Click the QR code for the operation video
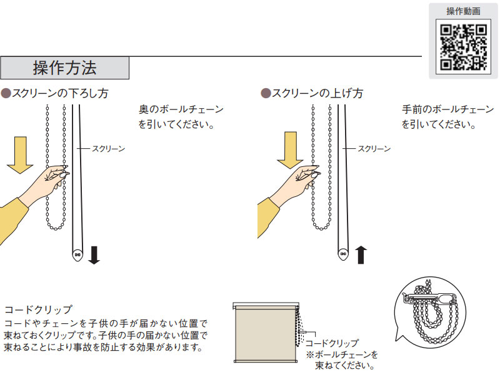[464, 46]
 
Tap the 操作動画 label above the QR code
[464, 12]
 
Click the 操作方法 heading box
[64, 68]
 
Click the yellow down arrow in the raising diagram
[291, 150]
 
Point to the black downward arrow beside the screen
[94, 255]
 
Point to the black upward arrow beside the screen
[361, 255]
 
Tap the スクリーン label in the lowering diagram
[108, 149]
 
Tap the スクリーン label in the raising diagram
[374, 149]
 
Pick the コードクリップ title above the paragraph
[38, 309]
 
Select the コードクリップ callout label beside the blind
[332, 343]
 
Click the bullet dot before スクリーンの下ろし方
[6, 93]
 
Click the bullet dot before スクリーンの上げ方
[265, 93]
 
